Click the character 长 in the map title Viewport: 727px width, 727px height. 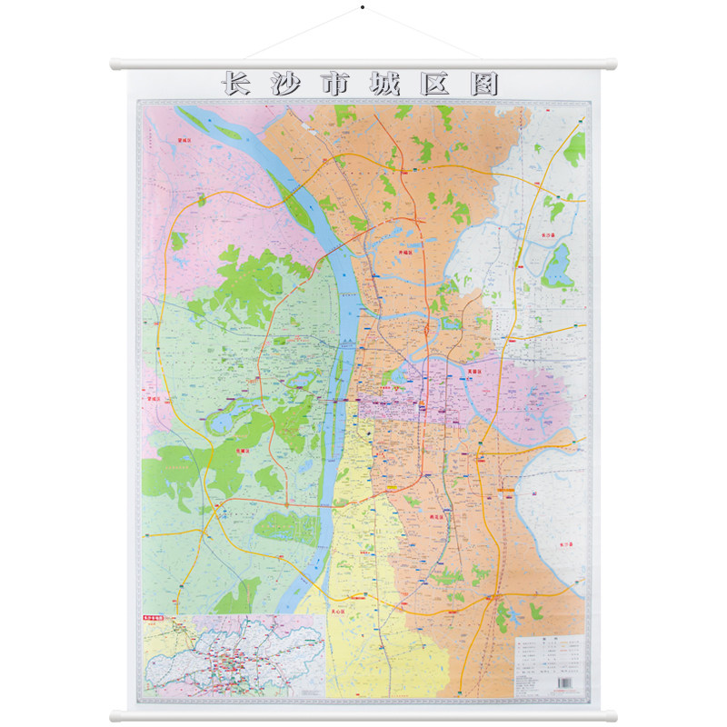[236, 85]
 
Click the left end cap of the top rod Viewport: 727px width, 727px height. [115, 65]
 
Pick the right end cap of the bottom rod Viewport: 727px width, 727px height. [612, 716]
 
